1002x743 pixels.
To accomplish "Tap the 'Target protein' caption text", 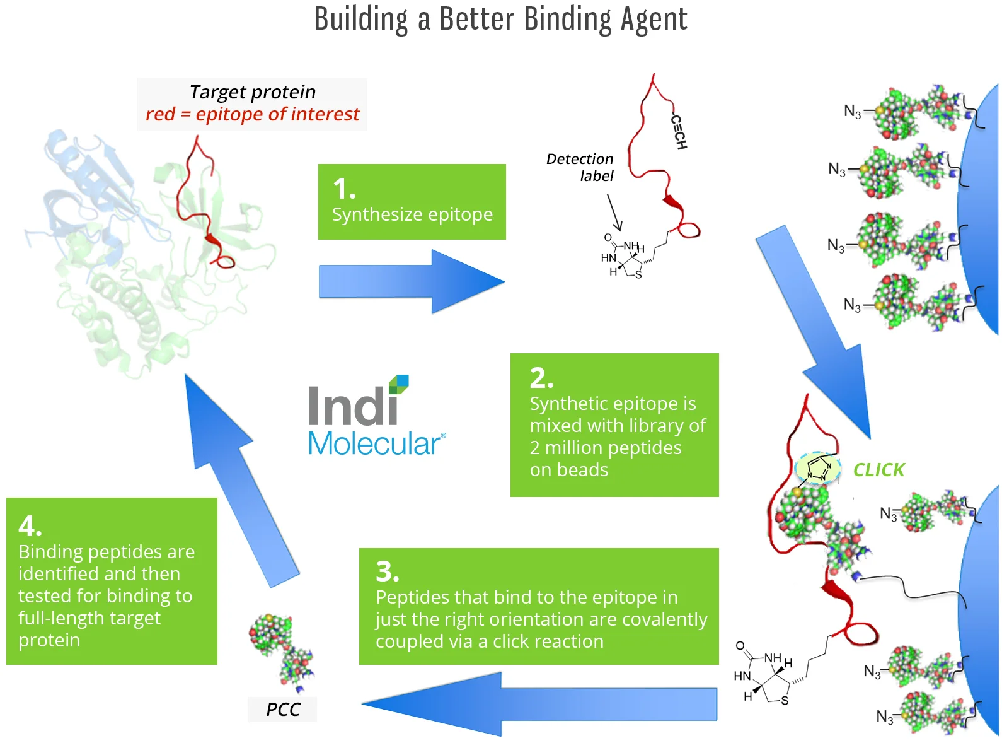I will tap(252, 92).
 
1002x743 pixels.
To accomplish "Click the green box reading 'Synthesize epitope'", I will tap(412, 202).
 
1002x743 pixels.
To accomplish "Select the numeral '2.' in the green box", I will tap(541, 378).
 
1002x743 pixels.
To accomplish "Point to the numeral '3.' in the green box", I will tap(388, 571).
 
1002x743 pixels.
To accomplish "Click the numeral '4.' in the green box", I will tap(30, 525).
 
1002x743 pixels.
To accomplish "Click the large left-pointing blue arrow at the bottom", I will tap(539, 703).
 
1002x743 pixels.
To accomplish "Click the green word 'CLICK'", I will tap(878, 470).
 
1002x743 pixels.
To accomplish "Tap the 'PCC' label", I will tap(283, 710).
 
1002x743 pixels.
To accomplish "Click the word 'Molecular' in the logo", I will tap(374, 444).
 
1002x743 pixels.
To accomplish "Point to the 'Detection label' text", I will tap(580, 167).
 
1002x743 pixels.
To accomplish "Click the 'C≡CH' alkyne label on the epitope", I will tap(679, 132).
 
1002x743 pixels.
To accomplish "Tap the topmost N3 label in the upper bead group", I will tap(852, 112).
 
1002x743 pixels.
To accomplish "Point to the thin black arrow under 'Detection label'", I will tap(614, 213).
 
